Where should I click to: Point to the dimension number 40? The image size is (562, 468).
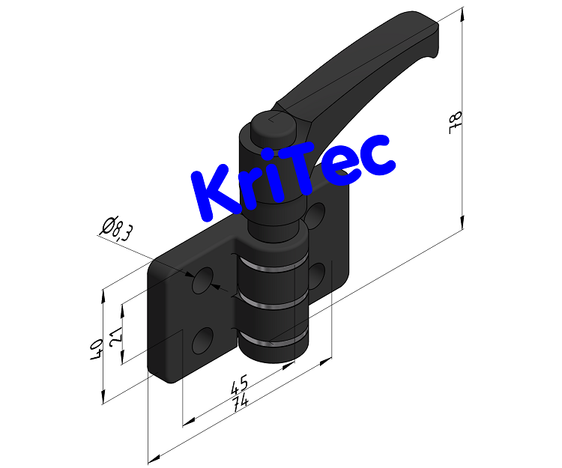point(96,350)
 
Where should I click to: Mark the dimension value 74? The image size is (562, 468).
point(241,402)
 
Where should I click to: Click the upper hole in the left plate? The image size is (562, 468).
point(202,281)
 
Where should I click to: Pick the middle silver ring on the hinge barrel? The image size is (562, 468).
point(274,302)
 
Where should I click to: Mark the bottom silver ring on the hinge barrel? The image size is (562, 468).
point(274,341)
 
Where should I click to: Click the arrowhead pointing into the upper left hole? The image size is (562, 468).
point(214,287)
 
